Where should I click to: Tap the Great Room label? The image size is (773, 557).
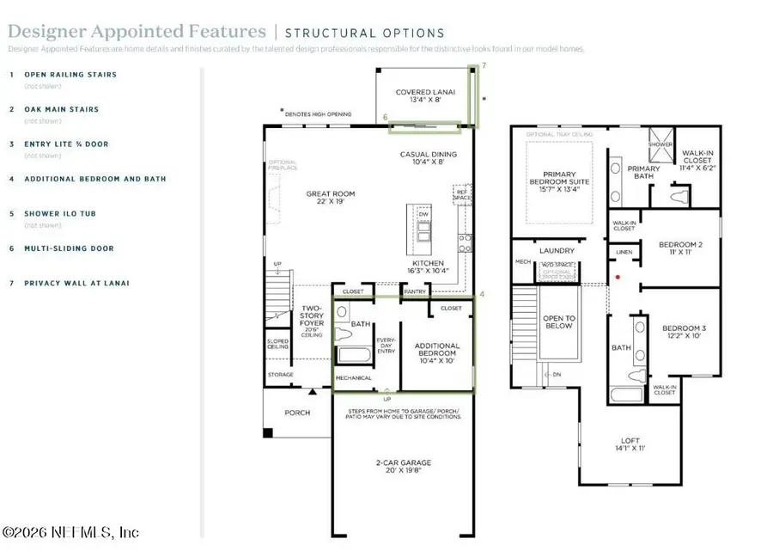point(331,199)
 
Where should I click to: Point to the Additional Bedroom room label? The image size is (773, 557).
point(437,351)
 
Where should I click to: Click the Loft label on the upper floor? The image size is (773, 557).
point(630,444)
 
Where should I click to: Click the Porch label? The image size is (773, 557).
point(297,413)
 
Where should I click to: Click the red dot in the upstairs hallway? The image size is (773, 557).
point(618,278)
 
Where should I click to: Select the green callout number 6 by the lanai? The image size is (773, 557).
point(386,117)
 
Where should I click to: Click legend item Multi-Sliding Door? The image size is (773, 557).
point(69,248)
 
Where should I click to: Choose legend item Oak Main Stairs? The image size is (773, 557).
point(61,109)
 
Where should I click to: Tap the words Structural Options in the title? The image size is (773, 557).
point(364,34)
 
